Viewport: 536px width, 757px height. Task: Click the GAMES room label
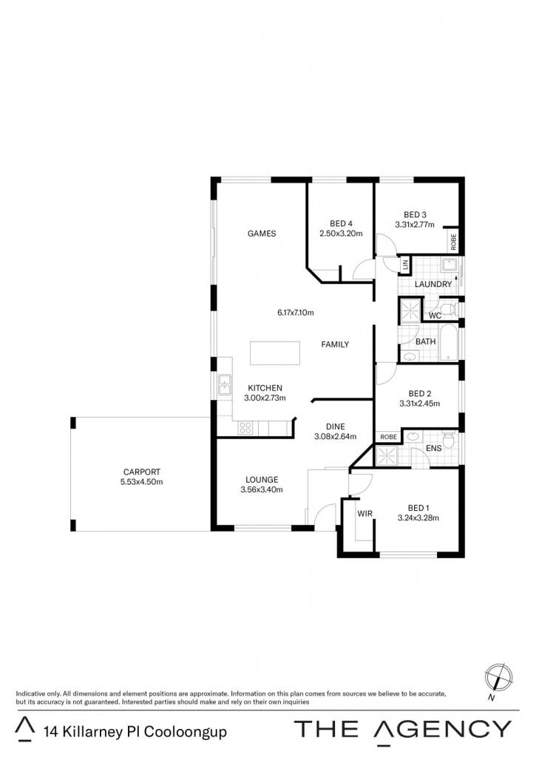(x=262, y=234)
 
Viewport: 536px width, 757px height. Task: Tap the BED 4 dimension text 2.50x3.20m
(x=341, y=234)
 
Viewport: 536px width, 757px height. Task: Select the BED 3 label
(x=415, y=215)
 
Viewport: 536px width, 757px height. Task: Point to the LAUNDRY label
(x=433, y=285)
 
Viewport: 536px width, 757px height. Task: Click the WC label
(x=435, y=316)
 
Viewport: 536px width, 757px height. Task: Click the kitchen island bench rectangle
(x=275, y=353)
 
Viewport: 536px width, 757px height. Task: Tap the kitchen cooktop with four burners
(x=245, y=428)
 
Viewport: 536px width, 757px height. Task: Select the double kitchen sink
(x=225, y=384)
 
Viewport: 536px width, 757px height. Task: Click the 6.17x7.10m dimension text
(x=296, y=313)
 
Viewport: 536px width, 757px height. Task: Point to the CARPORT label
(x=141, y=472)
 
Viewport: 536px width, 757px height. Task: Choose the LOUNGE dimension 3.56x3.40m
(x=262, y=489)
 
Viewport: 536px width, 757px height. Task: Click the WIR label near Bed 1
(x=365, y=514)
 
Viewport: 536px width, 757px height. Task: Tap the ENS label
(x=434, y=449)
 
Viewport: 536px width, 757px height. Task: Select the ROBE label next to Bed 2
(x=388, y=437)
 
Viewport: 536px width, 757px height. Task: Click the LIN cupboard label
(x=405, y=265)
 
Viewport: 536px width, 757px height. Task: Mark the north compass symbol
(x=498, y=677)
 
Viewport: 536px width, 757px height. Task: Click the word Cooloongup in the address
(x=186, y=732)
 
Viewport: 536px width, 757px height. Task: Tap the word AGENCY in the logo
(x=443, y=728)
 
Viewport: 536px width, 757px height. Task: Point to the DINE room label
(x=335, y=427)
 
